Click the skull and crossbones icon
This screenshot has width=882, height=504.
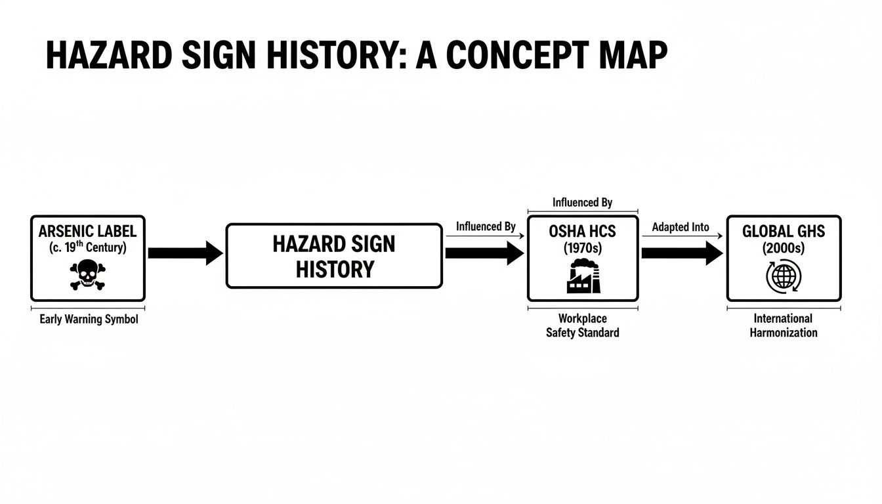[87, 274]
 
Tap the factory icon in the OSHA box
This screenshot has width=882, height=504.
[583, 276]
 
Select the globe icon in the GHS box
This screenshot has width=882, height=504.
[784, 276]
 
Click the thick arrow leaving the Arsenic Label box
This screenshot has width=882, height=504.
[186, 253]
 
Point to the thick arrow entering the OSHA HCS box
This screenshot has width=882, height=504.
[485, 253]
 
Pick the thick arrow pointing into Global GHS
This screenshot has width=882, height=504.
[682, 253]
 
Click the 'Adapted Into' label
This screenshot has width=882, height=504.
[681, 227]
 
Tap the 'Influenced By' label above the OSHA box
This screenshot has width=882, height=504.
[582, 202]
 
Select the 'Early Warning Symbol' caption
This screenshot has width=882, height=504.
[89, 319]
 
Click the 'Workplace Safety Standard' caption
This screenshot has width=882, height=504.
[582, 325]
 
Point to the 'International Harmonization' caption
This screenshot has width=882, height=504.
[783, 325]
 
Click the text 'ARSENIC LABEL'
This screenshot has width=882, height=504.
[87, 232]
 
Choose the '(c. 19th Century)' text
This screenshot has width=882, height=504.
[87, 247]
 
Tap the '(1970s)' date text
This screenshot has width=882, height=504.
[583, 248]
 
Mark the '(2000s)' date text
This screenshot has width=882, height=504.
[784, 248]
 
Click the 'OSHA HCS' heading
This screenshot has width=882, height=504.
[582, 232]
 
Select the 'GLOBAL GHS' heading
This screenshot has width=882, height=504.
[784, 232]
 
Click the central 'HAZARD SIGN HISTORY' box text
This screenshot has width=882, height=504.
[334, 257]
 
